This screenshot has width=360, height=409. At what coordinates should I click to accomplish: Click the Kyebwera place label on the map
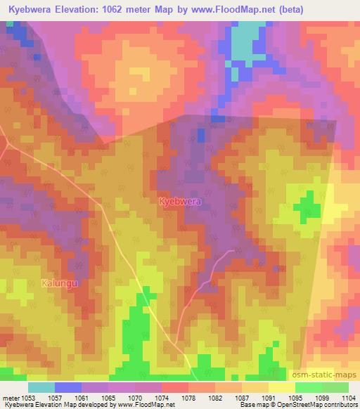[x=180, y=202]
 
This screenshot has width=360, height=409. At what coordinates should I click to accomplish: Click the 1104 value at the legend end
[x=347, y=398]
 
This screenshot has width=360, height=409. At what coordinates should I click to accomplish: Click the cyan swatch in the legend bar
[x=41, y=387]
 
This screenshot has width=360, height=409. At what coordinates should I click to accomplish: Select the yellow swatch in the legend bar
[x=281, y=387]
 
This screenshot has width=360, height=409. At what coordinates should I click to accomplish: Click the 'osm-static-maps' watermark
[x=330, y=376]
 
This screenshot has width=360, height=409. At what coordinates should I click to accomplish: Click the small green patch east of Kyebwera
[x=306, y=209]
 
